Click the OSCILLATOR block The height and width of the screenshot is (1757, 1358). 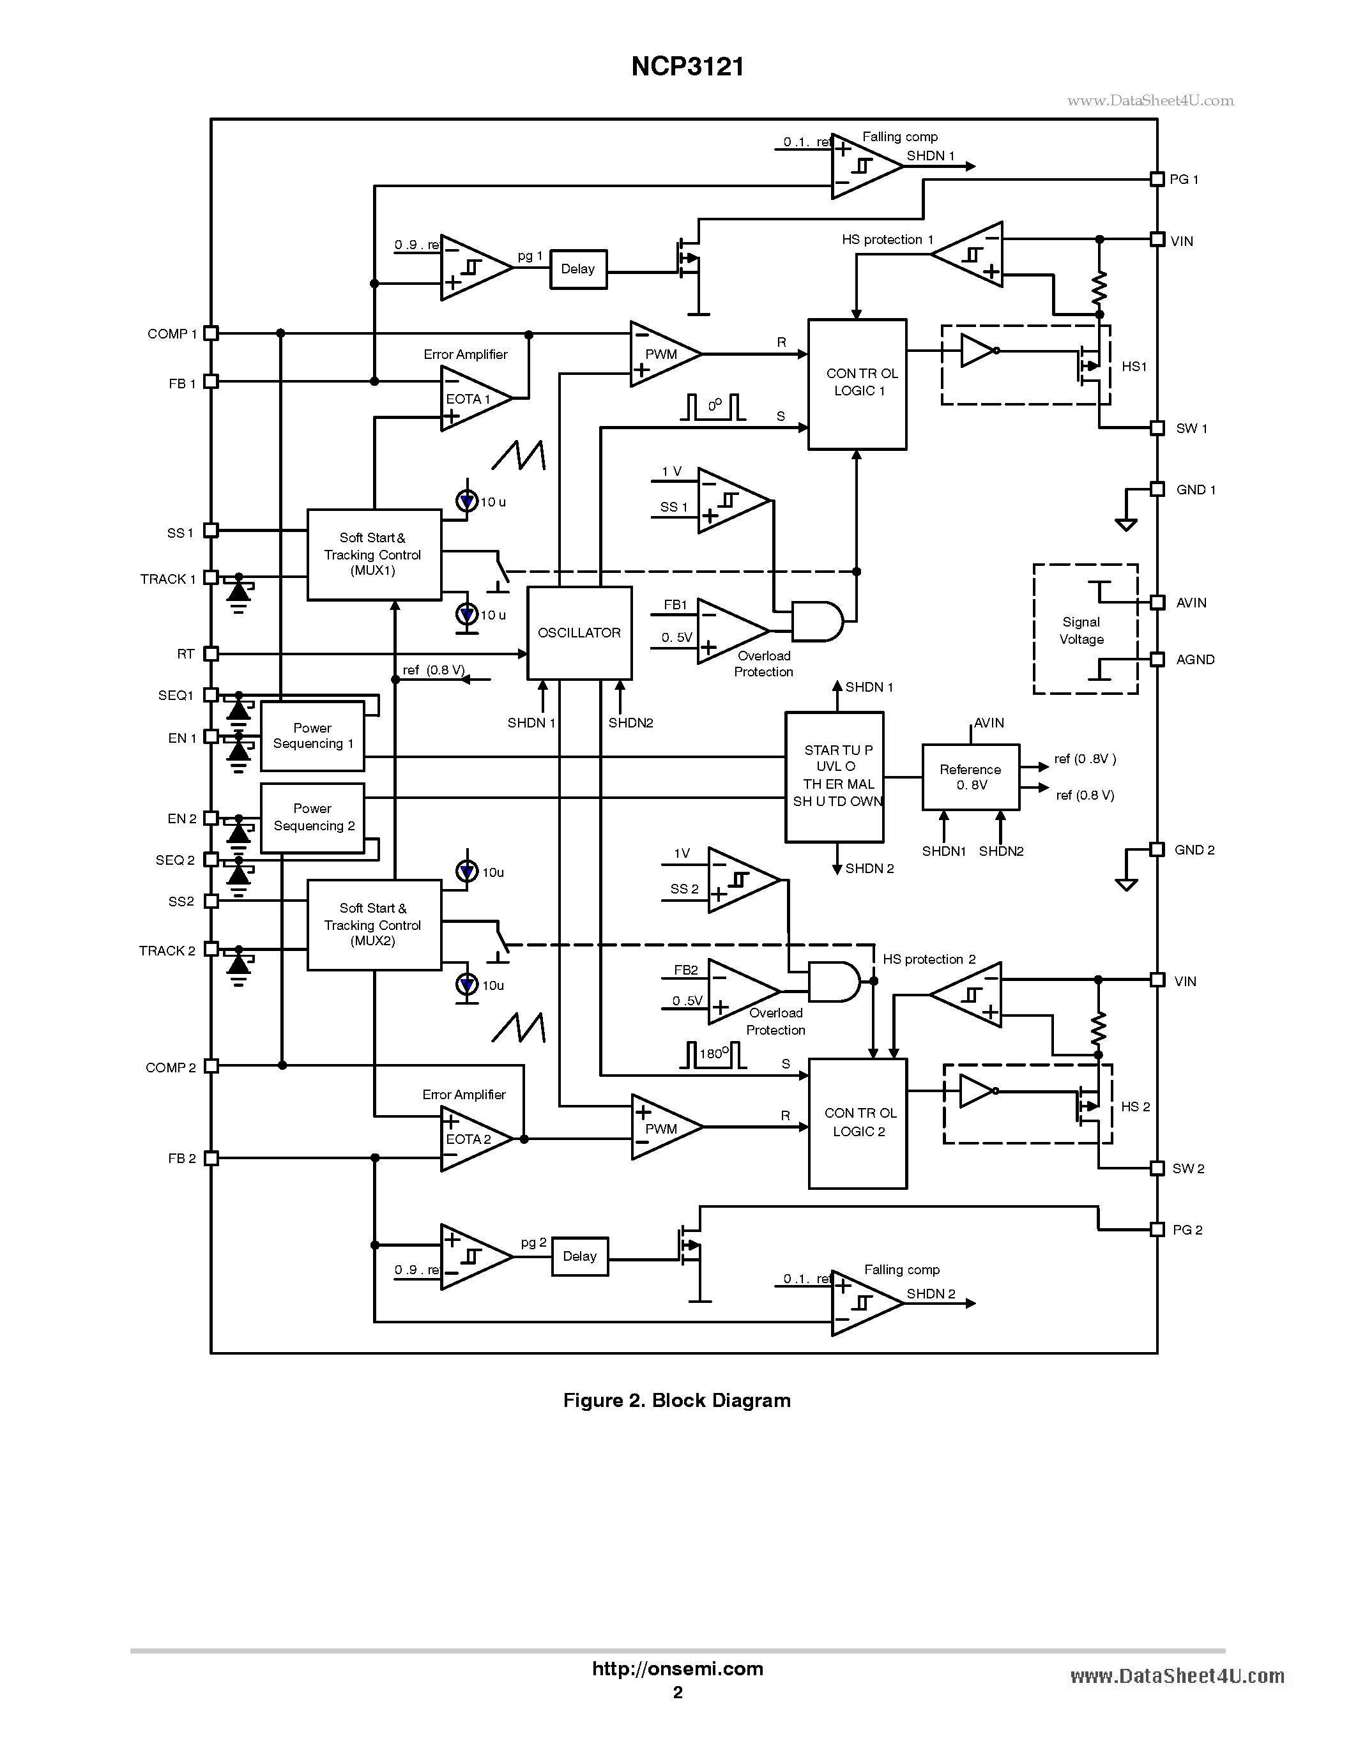click(579, 633)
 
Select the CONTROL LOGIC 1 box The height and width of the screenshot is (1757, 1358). click(857, 384)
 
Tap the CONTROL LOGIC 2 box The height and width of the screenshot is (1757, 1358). click(858, 1123)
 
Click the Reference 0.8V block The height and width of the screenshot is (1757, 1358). click(970, 777)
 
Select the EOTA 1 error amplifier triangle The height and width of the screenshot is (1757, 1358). click(473, 399)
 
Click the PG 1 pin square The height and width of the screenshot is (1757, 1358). click(1157, 179)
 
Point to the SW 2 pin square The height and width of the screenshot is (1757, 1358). click(1157, 1168)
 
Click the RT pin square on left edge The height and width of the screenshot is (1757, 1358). click(211, 654)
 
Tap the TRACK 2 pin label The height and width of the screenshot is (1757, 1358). click(167, 951)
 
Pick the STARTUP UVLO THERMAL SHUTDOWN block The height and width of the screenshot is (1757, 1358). click(835, 777)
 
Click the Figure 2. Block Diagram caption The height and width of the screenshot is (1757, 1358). click(676, 1401)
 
